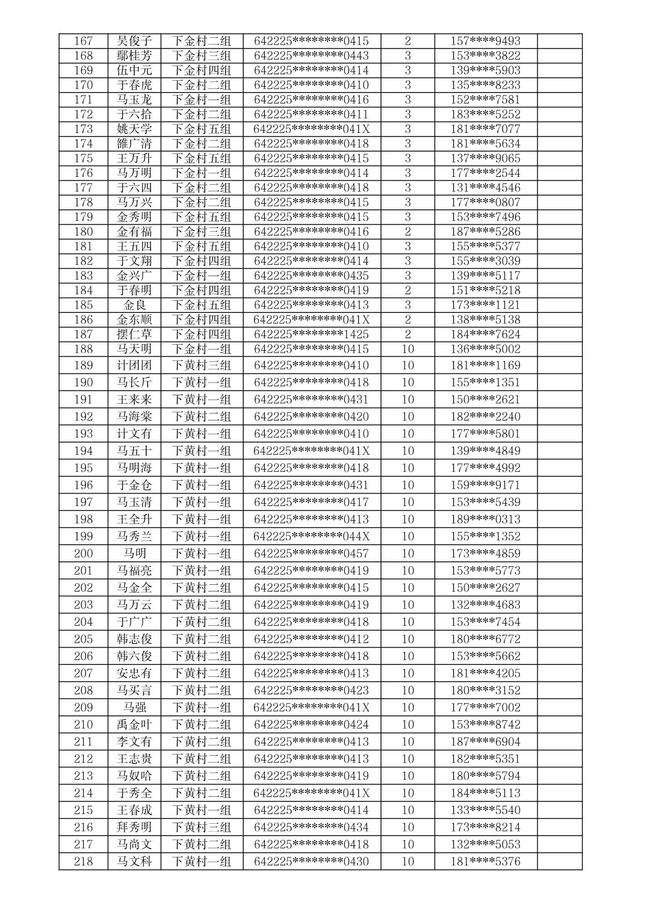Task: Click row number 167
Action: coord(84,41)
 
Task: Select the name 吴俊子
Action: coord(134,41)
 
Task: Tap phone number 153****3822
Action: coord(485,55)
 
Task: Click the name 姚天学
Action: coord(134,129)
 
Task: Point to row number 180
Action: coord(84,232)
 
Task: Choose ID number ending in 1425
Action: coord(311,334)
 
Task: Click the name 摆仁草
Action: coord(134,334)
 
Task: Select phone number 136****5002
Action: coord(485,349)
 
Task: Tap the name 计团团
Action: coord(134,365)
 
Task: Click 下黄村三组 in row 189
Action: coord(202,365)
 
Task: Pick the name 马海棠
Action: coord(134,416)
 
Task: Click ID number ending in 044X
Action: coord(311,536)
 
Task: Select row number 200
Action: coord(84,554)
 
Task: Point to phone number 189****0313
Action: coord(485,519)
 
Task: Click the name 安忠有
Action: coord(134,673)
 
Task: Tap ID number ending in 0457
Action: coord(311,554)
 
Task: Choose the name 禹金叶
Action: coord(134,724)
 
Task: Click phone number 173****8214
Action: coord(485,827)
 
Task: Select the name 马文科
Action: coord(134,862)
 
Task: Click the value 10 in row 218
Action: coord(407,862)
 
